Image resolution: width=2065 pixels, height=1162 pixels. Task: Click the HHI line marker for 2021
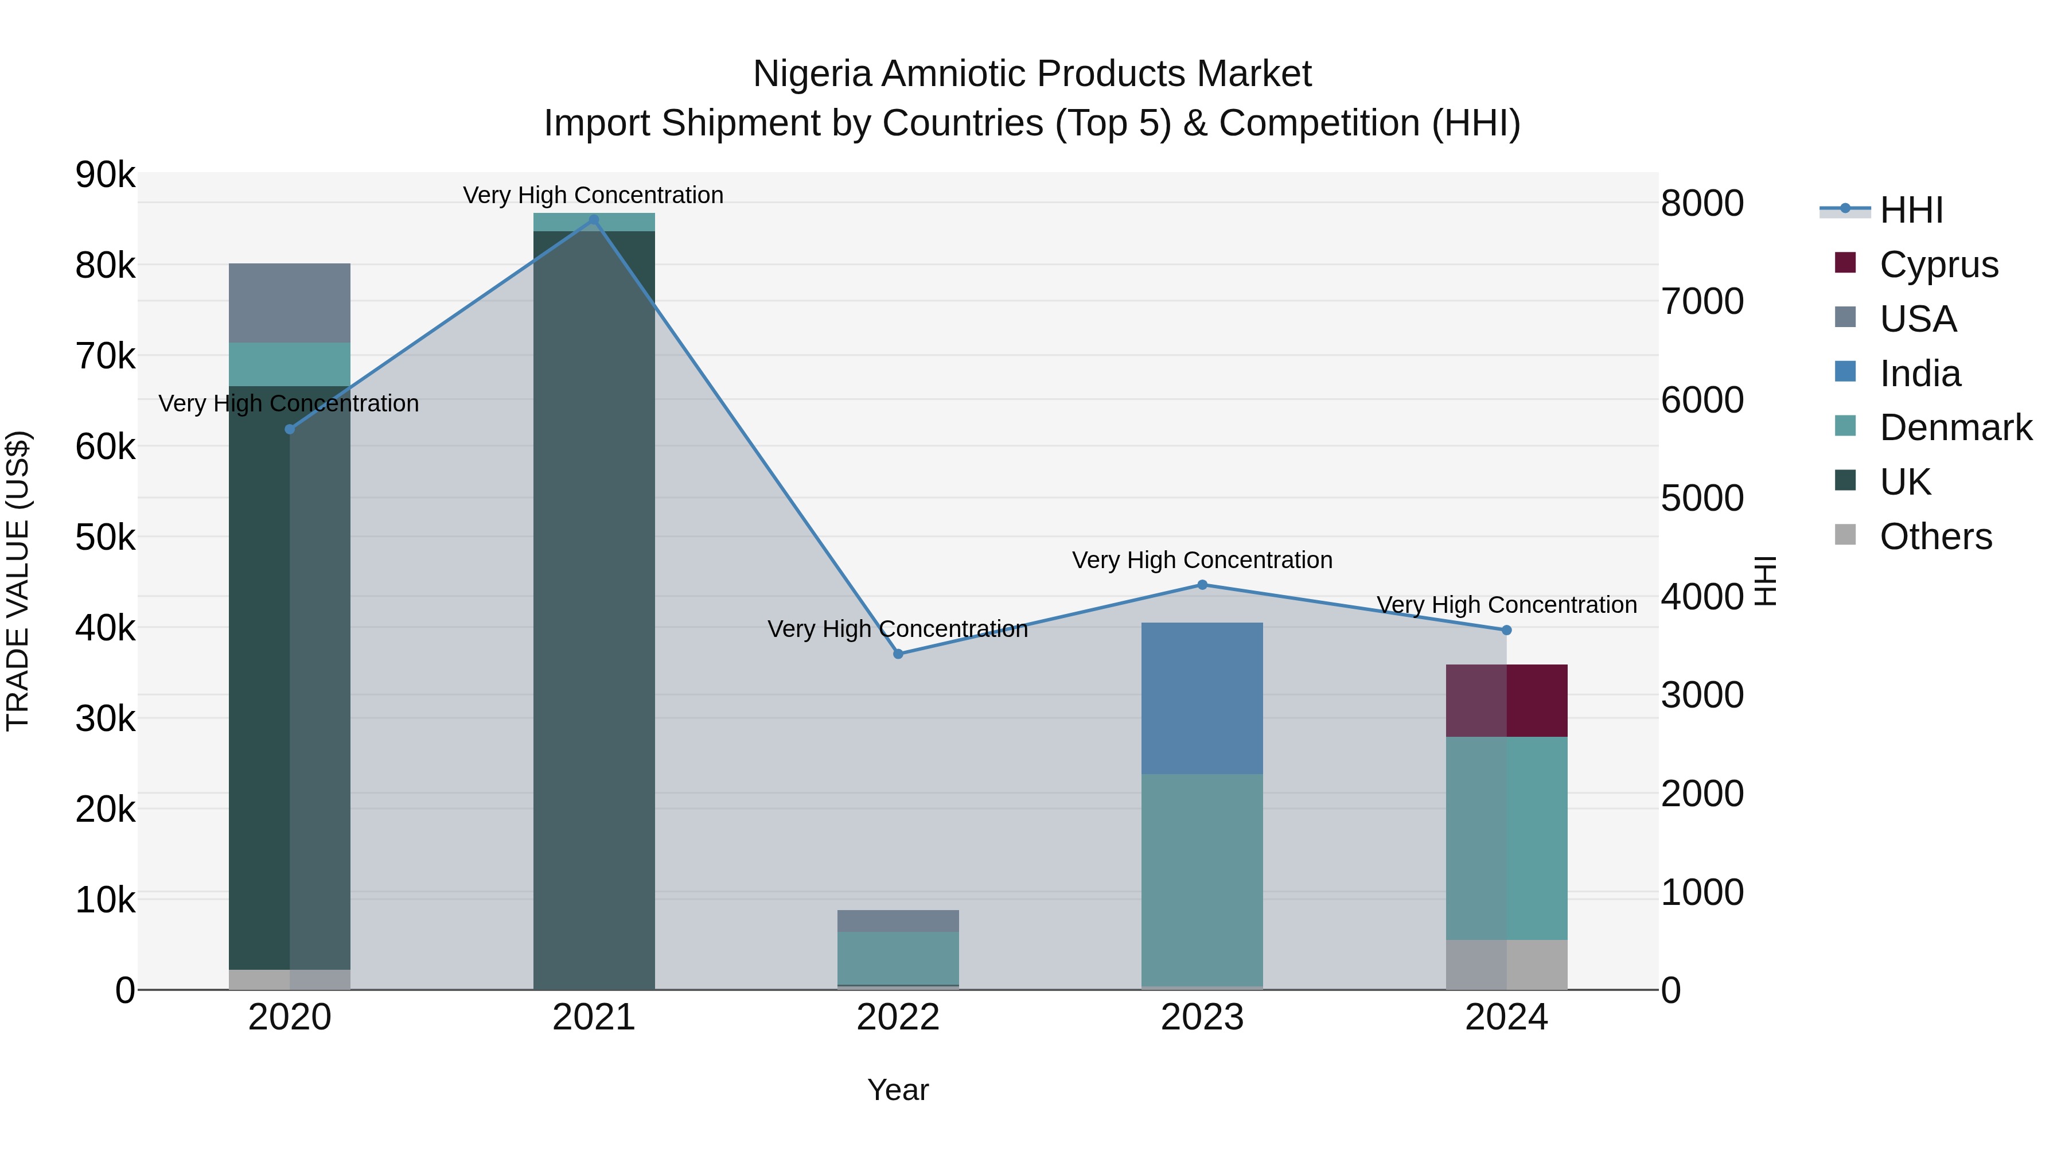(593, 220)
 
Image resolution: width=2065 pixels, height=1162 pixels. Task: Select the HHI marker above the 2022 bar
(898, 654)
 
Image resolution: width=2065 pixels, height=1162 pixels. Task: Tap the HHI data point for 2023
(1202, 585)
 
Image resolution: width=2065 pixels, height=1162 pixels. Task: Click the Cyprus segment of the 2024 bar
(1506, 700)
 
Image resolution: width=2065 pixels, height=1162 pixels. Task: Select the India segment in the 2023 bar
(1202, 698)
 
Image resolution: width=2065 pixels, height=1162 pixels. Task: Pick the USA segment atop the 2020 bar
(290, 302)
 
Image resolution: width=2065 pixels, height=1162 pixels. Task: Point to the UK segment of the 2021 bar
(593, 609)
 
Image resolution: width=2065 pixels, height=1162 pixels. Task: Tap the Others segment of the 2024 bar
(1506, 964)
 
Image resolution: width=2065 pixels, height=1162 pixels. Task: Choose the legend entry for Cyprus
(1938, 264)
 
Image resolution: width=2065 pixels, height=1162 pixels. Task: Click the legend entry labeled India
(1919, 373)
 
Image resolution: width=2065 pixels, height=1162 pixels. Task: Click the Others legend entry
(1935, 537)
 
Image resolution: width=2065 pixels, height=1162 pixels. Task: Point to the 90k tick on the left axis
(105, 175)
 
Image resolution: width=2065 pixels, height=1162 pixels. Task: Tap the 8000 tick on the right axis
(1701, 203)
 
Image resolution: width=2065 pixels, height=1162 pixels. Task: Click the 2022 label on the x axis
(898, 1017)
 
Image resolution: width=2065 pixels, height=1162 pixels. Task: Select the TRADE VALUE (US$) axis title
(18, 581)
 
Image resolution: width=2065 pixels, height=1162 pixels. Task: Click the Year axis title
(898, 1090)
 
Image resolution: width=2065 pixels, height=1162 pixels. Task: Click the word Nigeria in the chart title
(811, 74)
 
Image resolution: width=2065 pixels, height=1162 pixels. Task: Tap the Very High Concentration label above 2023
(1202, 559)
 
